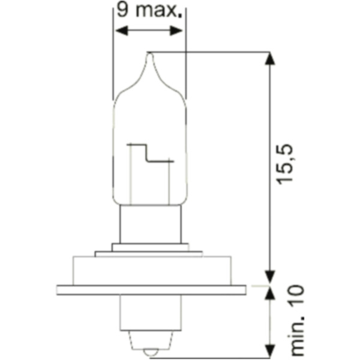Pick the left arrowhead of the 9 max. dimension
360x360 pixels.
(119, 30)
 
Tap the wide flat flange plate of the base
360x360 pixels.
(150, 290)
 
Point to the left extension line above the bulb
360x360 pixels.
(113, 60)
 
